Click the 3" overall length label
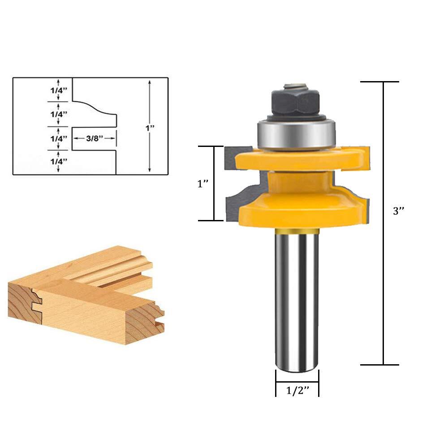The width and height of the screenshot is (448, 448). point(398,211)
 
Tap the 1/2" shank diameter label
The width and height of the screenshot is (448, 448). point(298,391)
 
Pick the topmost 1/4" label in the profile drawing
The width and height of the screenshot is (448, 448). point(58,89)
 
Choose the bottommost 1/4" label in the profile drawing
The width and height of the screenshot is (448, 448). point(58,161)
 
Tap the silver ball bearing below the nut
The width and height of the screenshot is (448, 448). point(295,133)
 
